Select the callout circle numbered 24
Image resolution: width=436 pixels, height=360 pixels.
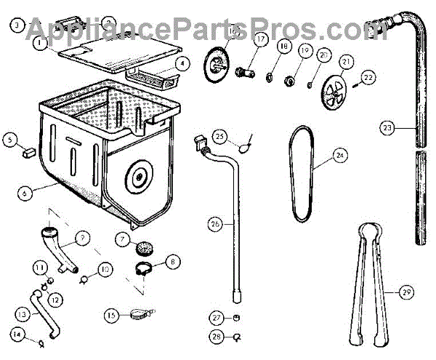(340, 154)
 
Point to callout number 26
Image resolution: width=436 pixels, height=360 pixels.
(214, 224)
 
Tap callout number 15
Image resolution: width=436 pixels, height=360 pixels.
(111, 316)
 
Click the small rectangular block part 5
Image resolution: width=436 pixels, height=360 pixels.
(29, 152)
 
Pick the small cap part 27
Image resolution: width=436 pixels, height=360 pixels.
(238, 318)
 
